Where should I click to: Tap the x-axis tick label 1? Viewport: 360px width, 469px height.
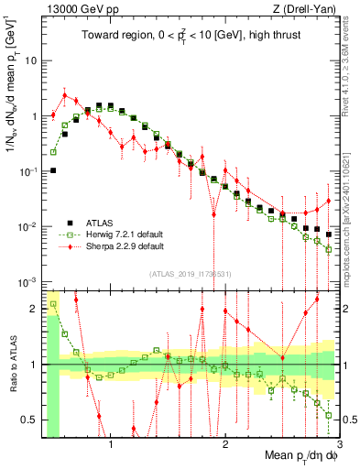[111, 445]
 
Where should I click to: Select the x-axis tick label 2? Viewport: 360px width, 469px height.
[225, 445]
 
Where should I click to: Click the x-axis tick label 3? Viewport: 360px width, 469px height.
[338, 445]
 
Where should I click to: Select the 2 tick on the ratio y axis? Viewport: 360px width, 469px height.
[35, 309]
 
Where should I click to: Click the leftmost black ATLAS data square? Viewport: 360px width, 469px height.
[53, 170]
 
